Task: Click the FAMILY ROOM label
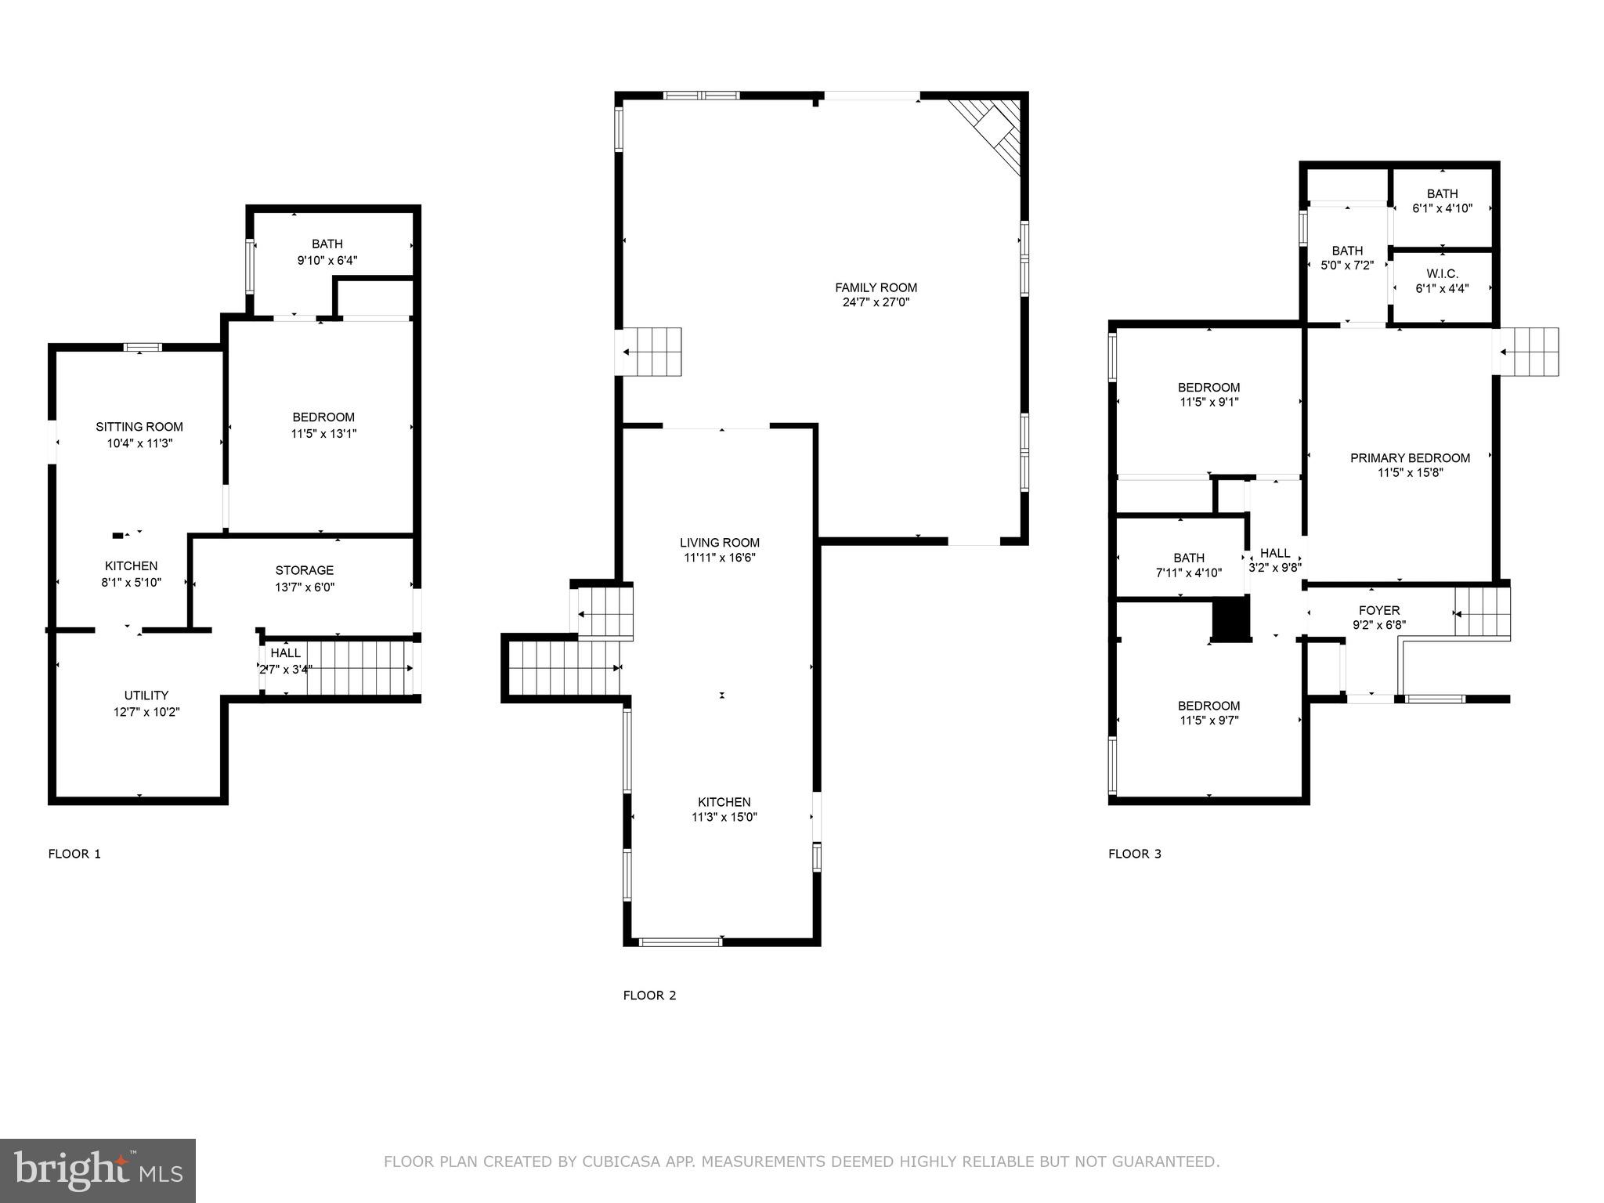pos(876,287)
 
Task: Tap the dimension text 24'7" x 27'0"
pos(876,302)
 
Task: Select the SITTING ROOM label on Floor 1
pos(139,427)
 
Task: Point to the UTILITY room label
pos(146,695)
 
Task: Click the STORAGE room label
pos(305,570)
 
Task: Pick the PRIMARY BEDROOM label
pos(1410,458)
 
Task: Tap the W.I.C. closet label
pos(1442,273)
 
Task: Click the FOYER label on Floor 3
pos(1379,610)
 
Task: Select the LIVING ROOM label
pos(720,543)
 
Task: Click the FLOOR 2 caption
pos(649,995)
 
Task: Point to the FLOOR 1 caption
pos(74,854)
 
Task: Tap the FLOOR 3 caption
pos(1135,854)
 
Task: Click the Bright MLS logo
pos(98,1171)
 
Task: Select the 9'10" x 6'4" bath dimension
pos(327,260)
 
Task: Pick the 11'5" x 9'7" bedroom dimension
pos(1208,721)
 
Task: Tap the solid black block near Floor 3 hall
pos(1229,620)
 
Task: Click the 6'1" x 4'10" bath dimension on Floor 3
pos(1442,209)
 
